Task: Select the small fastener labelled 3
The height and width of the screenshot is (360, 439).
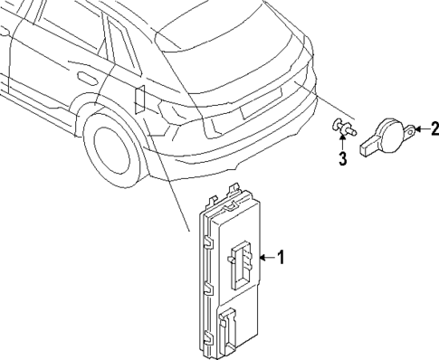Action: click(x=341, y=128)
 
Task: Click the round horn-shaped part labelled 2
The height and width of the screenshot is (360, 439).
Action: click(x=390, y=133)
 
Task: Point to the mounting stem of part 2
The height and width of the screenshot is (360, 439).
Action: click(x=370, y=143)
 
